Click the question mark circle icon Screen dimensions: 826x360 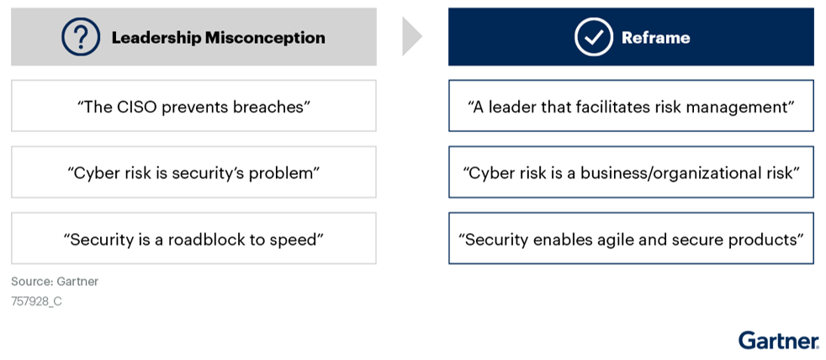pos(81,37)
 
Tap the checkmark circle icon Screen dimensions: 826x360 pos(594,37)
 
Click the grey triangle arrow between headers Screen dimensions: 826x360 pos(412,36)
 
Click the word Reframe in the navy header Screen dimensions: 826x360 pos(656,37)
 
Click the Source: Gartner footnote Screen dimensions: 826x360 pos(55,282)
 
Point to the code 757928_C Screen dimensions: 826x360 pos(36,303)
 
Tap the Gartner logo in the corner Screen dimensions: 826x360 pos(779,340)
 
